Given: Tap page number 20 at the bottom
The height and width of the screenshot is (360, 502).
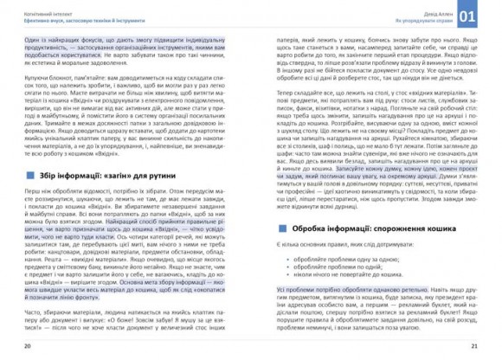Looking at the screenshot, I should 27,347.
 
